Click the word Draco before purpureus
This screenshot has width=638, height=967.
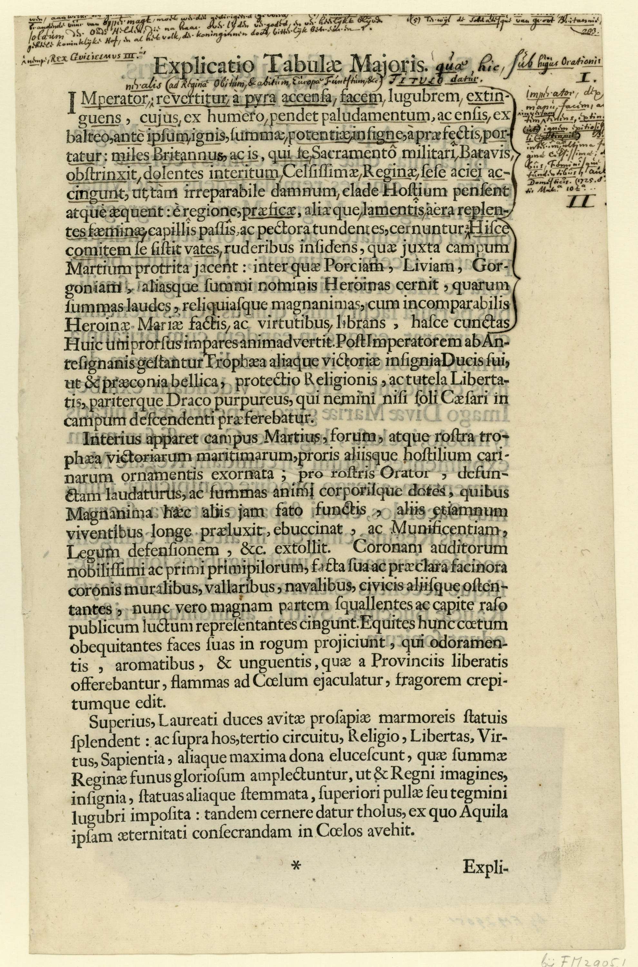(183, 401)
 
